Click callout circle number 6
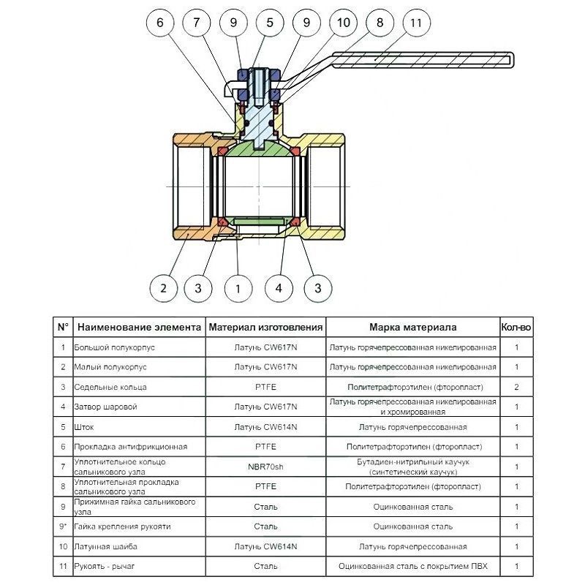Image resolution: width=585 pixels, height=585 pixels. [x=160, y=23]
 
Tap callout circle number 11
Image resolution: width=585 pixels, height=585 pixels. [x=416, y=23]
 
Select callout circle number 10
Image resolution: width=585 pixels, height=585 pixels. [x=343, y=23]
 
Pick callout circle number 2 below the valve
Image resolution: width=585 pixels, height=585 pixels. [x=163, y=288]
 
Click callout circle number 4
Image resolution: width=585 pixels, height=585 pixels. [x=279, y=288]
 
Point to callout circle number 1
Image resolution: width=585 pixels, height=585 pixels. [x=238, y=288]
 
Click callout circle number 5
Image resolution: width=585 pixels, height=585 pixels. [x=270, y=23]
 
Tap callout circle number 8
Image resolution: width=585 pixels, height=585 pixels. [x=380, y=23]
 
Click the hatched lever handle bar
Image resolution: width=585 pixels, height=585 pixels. [x=423, y=60]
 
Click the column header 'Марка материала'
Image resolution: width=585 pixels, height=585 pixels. [x=413, y=327]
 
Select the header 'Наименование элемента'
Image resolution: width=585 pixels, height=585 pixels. [x=139, y=327]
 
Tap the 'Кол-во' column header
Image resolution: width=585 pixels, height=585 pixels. [x=516, y=327]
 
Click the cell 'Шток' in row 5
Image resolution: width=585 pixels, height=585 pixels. [x=84, y=427]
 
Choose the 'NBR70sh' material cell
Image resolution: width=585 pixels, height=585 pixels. [x=265, y=467]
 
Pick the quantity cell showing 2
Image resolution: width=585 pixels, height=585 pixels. [x=517, y=387]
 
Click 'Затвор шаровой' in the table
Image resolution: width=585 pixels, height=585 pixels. [x=105, y=407]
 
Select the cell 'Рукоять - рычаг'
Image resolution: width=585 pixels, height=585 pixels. [x=104, y=566]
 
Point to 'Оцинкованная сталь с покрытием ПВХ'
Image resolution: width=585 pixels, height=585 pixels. [x=413, y=566]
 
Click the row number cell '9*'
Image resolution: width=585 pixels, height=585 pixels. [x=63, y=526]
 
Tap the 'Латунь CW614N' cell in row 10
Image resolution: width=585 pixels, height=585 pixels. [x=265, y=546]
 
